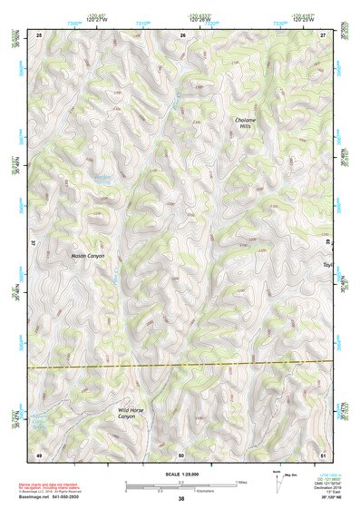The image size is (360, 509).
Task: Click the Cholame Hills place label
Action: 248,124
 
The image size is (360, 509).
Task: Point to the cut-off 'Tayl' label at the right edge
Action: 328,265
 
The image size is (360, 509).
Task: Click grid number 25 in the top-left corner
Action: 39,34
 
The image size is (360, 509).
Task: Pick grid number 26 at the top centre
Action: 182,34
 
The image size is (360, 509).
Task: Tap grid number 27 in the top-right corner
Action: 325,34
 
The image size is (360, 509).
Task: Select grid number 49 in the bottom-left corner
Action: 39,453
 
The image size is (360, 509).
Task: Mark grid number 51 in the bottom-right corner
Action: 325,453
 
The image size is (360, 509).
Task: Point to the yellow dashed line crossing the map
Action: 181,365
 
